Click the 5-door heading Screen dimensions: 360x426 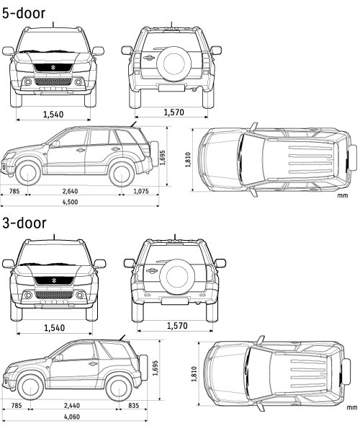24,13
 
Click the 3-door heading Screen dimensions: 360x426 24,223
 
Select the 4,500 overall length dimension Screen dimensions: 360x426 70,202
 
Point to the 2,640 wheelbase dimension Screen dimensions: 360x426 70,191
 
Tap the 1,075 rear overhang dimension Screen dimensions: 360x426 141,191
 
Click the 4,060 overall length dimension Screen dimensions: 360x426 72,417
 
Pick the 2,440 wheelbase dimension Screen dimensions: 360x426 72,405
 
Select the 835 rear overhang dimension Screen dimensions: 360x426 133,405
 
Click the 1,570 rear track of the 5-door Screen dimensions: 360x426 174,112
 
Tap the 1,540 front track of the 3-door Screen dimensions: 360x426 55,328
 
